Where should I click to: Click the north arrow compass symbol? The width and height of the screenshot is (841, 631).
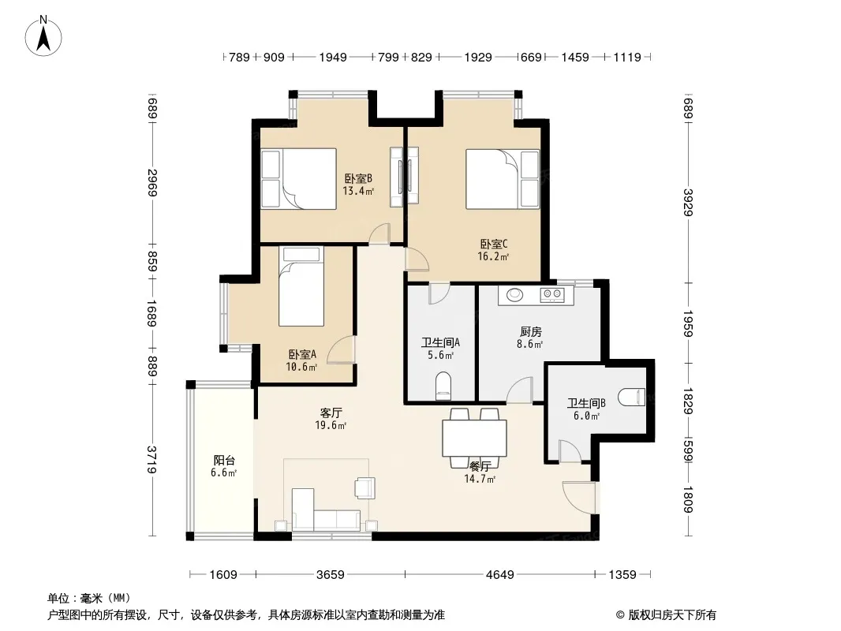pos(43,35)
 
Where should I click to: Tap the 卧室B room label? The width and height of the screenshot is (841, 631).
pos(358,178)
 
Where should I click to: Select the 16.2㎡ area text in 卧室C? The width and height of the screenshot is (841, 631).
pos(493,256)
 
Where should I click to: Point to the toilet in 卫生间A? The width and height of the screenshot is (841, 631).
pos(443,386)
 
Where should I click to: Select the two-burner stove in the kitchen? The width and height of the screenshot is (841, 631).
pos(552,293)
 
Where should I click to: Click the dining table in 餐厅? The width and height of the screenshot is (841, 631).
pos(474,438)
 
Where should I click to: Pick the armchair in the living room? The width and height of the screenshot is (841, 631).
pos(364,487)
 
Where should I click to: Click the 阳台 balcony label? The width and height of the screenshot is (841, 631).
pos(224,460)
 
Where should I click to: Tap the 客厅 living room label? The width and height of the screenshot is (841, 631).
pos(331,413)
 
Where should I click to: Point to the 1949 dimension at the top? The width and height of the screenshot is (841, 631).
pos(333,57)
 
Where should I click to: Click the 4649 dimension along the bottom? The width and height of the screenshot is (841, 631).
pos(499,575)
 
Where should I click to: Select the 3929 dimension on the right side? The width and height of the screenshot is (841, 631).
pos(689,202)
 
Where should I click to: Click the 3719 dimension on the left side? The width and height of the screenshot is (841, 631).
pos(152,459)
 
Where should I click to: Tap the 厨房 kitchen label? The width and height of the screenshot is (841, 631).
pos(530,332)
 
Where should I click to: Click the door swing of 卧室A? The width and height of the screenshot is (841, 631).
pos(341,350)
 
